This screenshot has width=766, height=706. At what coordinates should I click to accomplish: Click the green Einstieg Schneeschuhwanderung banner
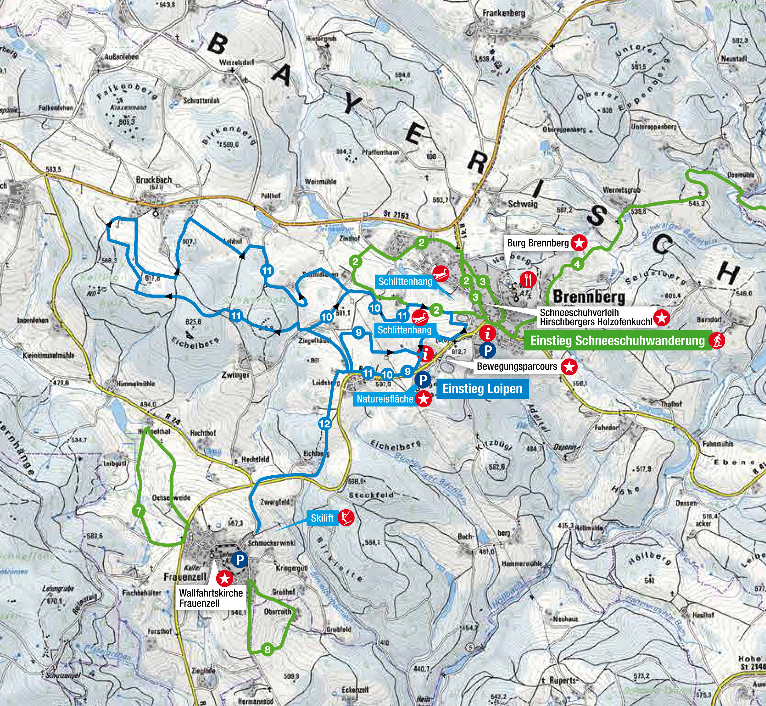pos(617,340)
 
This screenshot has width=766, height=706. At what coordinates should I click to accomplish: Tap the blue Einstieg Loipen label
pos(482,389)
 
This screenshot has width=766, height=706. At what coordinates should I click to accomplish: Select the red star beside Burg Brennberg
pos(579,243)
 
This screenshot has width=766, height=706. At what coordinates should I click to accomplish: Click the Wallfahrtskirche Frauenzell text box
pos(211,598)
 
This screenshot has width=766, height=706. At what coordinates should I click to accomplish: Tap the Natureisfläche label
pos(385,399)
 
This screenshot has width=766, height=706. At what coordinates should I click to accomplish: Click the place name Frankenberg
pos(504,13)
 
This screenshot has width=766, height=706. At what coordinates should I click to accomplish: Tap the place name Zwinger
pos(235,375)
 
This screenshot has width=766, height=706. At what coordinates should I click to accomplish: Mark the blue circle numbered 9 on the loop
pos(358,333)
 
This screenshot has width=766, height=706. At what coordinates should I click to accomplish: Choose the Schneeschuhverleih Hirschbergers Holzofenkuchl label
pos(596,318)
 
